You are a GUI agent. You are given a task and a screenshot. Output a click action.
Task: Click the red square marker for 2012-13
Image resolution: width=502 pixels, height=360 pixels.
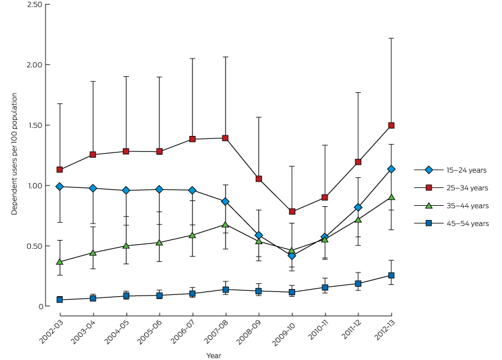click(391, 125)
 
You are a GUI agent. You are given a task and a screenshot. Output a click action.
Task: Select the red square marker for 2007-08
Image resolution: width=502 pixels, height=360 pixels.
click(225, 138)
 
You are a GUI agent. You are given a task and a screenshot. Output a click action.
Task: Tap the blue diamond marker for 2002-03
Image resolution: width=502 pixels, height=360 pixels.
click(60, 186)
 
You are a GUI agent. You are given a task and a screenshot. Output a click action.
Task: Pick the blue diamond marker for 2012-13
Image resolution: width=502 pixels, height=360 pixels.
click(391, 169)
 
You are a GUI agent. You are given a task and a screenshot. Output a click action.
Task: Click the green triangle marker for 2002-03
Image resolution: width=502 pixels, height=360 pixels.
click(60, 262)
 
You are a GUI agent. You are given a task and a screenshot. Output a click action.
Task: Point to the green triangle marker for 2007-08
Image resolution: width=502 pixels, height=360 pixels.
click(225, 225)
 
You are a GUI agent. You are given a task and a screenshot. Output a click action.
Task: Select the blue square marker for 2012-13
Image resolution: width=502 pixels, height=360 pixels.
click(391, 275)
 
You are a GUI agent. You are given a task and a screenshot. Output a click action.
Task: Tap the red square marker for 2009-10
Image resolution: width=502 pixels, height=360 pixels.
click(292, 212)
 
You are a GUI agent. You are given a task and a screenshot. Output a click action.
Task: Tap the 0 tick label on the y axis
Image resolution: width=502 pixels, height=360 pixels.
click(40, 306)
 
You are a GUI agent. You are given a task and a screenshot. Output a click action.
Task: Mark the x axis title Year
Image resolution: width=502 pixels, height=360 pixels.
click(214, 355)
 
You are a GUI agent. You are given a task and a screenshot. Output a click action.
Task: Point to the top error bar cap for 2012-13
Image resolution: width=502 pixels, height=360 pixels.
click(391, 38)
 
